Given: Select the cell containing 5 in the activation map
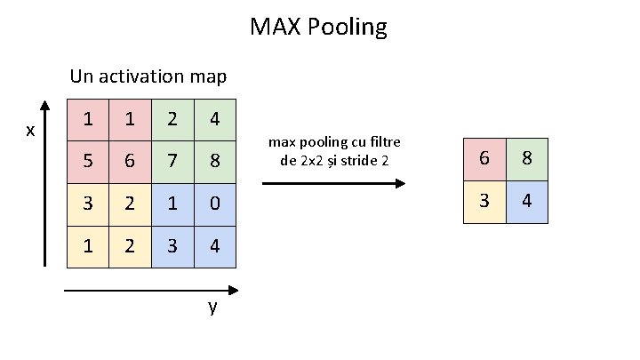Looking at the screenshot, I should [88, 162].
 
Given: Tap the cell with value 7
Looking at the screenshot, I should [172, 162].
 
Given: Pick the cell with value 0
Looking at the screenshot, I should [214, 204].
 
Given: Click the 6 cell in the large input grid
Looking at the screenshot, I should [130, 162].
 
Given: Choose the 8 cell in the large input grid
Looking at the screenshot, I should [214, 162].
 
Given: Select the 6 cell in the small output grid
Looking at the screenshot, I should [484, 159].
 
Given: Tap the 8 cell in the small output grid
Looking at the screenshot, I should [527, 159].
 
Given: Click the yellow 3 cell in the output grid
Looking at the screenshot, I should [484, 201].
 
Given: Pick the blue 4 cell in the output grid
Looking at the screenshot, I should [527, 201].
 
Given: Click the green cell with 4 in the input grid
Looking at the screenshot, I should [214, 119].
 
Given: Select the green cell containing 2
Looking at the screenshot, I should [172, 119].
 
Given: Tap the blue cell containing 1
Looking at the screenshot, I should [172, 204].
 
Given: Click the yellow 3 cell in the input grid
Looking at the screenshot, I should [88, 204].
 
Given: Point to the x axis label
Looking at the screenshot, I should [30, 131].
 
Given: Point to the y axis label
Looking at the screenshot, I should [212, 308].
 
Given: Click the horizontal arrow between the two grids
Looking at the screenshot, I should [333, 183].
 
